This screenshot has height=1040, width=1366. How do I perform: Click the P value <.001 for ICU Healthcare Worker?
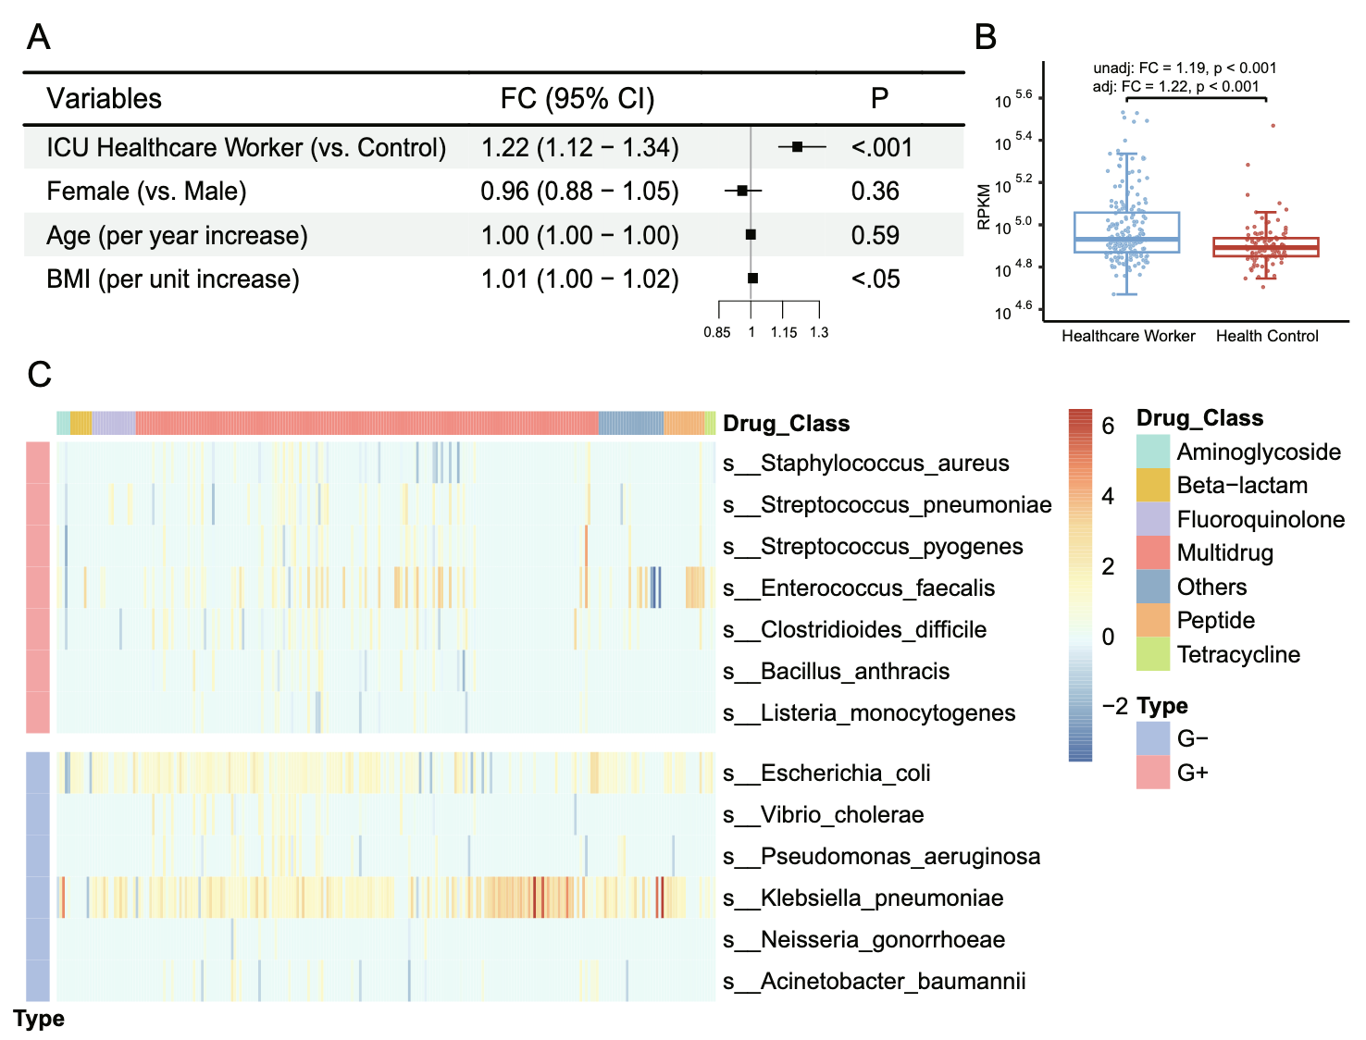tap(881, 148)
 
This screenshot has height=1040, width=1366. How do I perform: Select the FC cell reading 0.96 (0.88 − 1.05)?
tap(579, 192)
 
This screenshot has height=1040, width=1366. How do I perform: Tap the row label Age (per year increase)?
tap(177, 236)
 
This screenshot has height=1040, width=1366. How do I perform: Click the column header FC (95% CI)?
tap(577, 99)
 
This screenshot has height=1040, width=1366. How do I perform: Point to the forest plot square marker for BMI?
tap(752, 279)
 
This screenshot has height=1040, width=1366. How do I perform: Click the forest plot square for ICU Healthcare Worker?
tap(797, 147)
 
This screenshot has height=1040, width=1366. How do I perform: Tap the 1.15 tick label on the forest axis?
tap(784, 332)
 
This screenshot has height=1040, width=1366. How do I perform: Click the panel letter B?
tap(986, 37)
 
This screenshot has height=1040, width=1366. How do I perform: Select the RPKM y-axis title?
tap(984, 205)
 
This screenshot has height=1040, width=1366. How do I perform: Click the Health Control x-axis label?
tap(1267, 336)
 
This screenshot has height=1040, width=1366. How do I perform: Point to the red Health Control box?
tap(1266, 247)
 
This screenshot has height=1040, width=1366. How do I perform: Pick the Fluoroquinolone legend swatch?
tap(1153, 519)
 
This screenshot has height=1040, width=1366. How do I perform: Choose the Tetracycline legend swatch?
tap(1153, 654)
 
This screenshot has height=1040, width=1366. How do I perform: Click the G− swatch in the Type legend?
tap(1153, 738)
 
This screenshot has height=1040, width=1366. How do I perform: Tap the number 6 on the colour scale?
tap(1108, 426)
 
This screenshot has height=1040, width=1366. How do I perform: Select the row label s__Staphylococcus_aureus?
tap(865, 464)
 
